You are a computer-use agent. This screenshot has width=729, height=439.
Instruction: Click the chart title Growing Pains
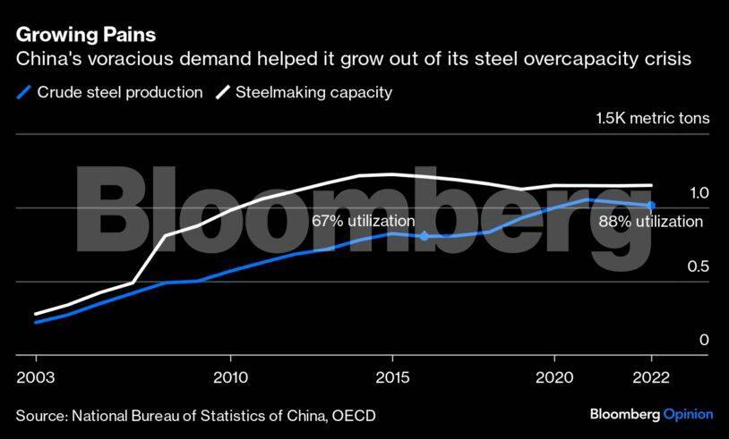tap(86, 35)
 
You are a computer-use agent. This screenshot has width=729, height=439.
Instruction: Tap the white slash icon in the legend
tap(221, 92)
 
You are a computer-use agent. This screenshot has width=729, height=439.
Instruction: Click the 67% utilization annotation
tap(363, 221)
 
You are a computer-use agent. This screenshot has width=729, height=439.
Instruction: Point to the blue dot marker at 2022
tap(651, 206)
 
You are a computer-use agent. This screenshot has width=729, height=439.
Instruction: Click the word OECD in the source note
tap(356, 415)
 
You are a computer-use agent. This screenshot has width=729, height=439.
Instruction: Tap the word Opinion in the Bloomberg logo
tap(688, 414)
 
